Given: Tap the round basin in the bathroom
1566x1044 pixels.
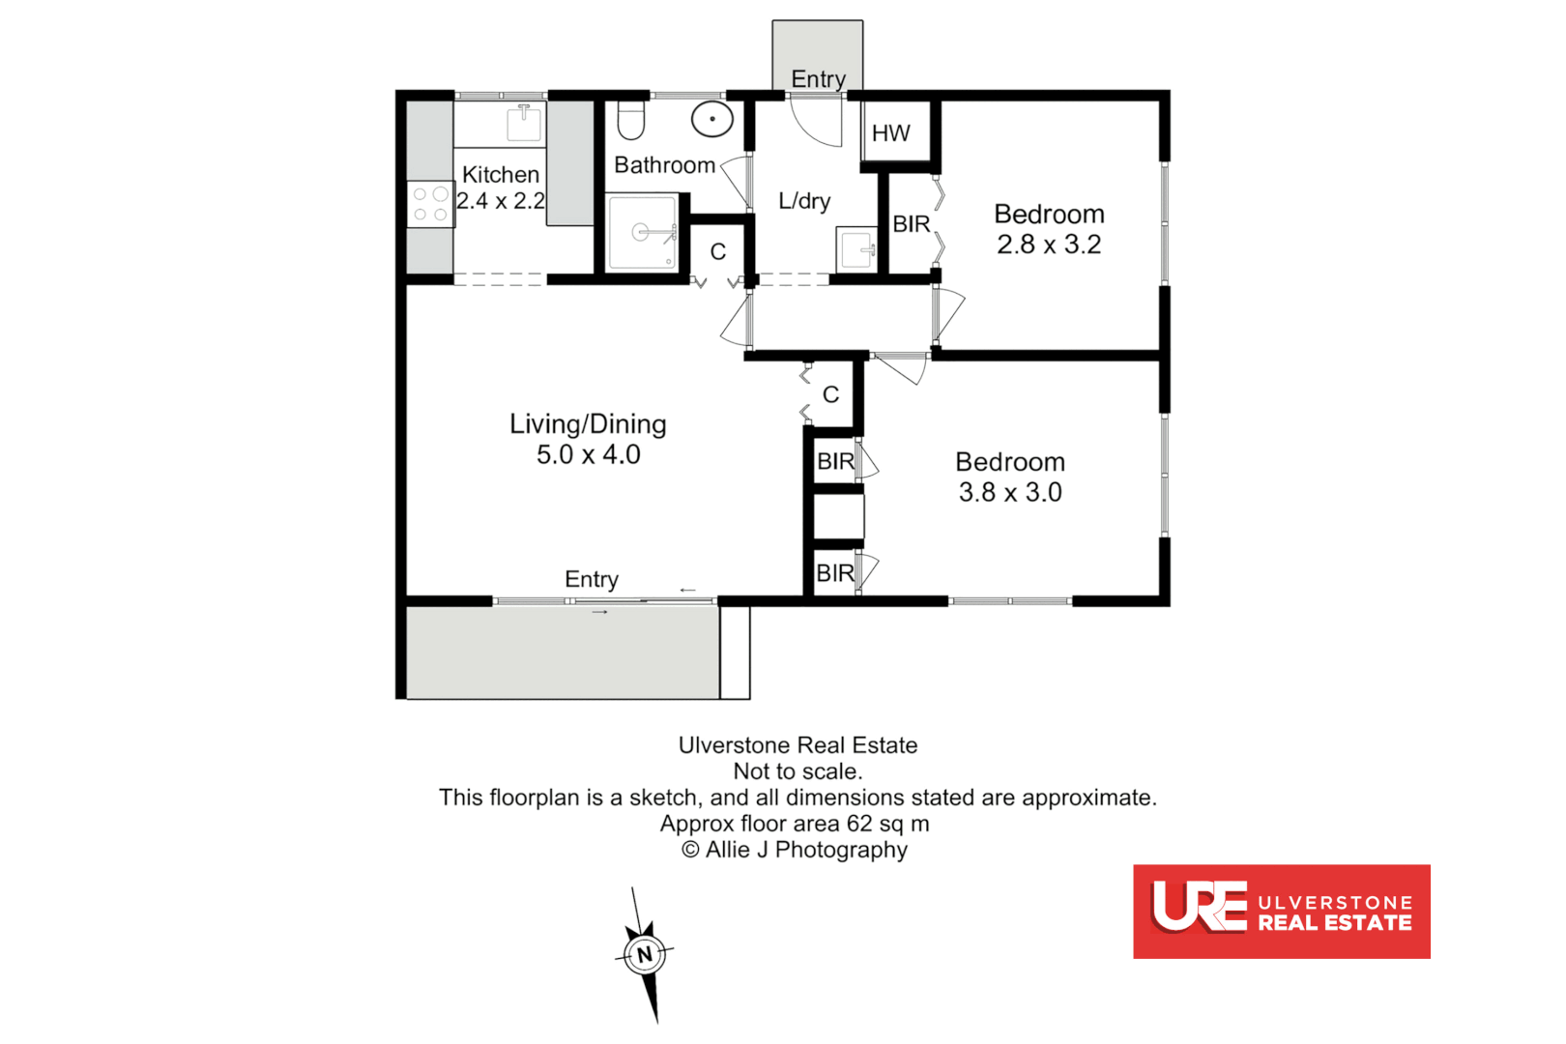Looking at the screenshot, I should click(x=712, y=120).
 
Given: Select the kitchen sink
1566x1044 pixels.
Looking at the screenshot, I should click(x=524, y=123).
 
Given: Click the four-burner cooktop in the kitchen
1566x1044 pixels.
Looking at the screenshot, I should click(x=430, y=204).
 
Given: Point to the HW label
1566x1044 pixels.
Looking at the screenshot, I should click(x=890, y=133).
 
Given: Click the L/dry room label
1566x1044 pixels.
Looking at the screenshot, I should click(x=804, y=201).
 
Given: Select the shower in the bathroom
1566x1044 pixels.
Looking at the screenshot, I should click(x=642, y=232).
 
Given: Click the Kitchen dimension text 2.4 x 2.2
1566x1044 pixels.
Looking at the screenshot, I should click(x=501, y=201).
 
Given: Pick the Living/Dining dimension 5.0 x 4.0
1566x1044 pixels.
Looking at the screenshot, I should click(x=588, y=454).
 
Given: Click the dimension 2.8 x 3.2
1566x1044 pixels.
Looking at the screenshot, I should click(x=1049, y=245).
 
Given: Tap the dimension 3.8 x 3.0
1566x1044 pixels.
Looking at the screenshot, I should click(x=1010, y=492).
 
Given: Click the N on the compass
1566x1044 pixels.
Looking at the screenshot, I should click(x=644, y=955).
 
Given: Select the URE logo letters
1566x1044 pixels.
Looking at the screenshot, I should click(x=1200, y=907).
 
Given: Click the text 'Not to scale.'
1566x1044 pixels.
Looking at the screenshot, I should click(x=797, y=771).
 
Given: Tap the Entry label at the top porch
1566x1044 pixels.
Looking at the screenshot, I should click(x=818, y=79).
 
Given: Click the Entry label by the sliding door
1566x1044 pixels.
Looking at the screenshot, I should click(x=592, y=579).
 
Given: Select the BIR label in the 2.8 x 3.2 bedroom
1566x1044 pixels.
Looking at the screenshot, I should click(x=911, y=224).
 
